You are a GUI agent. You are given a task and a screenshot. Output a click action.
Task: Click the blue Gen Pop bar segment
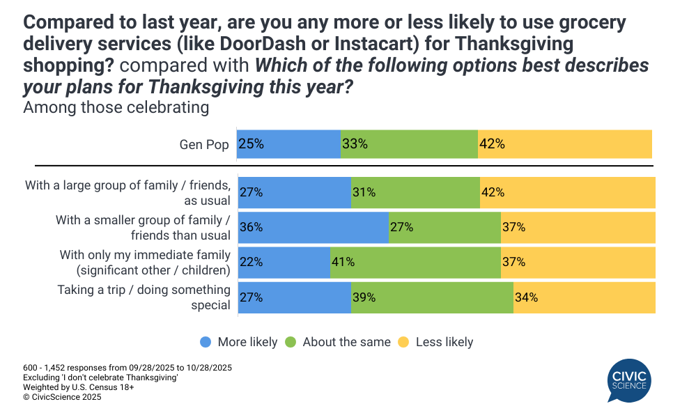point(288,144)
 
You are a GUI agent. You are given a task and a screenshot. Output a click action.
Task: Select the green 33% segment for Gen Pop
point(409,144)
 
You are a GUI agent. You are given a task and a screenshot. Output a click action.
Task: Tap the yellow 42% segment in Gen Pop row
point(564,144)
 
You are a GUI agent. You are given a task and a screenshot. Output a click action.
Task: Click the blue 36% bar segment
point(313,227)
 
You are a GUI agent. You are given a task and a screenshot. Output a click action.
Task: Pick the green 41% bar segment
point(415,262)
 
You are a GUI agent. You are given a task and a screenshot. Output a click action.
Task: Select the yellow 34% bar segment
point(584,297)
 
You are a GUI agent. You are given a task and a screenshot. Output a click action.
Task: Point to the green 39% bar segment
point(432,297)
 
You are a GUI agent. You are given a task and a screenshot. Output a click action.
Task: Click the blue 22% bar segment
point(284,262)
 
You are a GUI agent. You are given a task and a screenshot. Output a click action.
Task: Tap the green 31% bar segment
point(415,192)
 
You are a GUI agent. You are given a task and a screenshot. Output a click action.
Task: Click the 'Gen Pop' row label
point(204,145)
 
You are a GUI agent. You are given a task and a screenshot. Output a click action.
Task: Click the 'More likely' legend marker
point(206,342)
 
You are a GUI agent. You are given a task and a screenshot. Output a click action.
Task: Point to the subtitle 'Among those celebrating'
point(116,107)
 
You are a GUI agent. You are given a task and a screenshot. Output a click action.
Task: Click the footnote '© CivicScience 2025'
point(62,397)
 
